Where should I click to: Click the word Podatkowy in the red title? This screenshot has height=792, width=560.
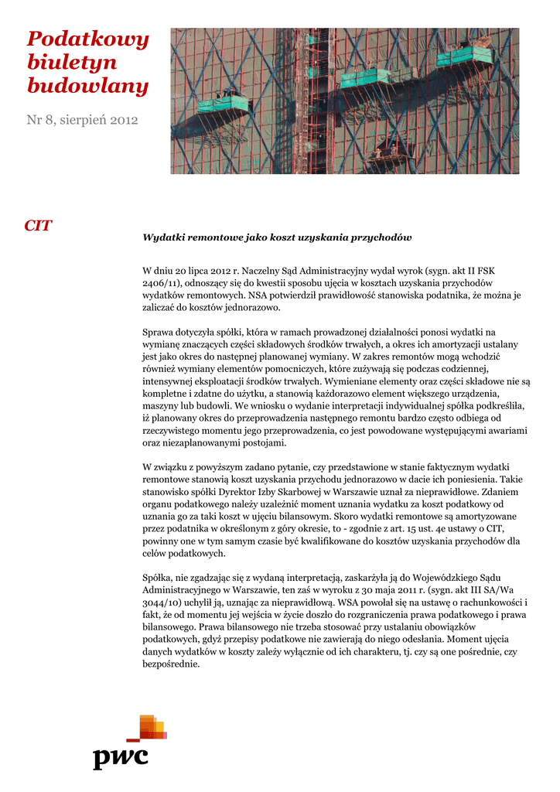click(x=87, y=40)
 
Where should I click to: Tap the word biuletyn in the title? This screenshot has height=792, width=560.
click(x=72, y=63)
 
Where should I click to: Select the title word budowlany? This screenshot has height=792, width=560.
click(x=87, y=86)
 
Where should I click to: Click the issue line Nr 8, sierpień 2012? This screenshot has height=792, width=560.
click(x=83, y=120)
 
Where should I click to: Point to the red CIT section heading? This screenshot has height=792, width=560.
click(x=38, y=226)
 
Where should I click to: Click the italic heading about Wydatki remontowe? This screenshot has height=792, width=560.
click(x=277, y=237)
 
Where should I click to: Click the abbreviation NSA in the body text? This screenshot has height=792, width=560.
click(x=258, y=295)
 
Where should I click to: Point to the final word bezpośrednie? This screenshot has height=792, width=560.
click(x=172, y=664)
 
